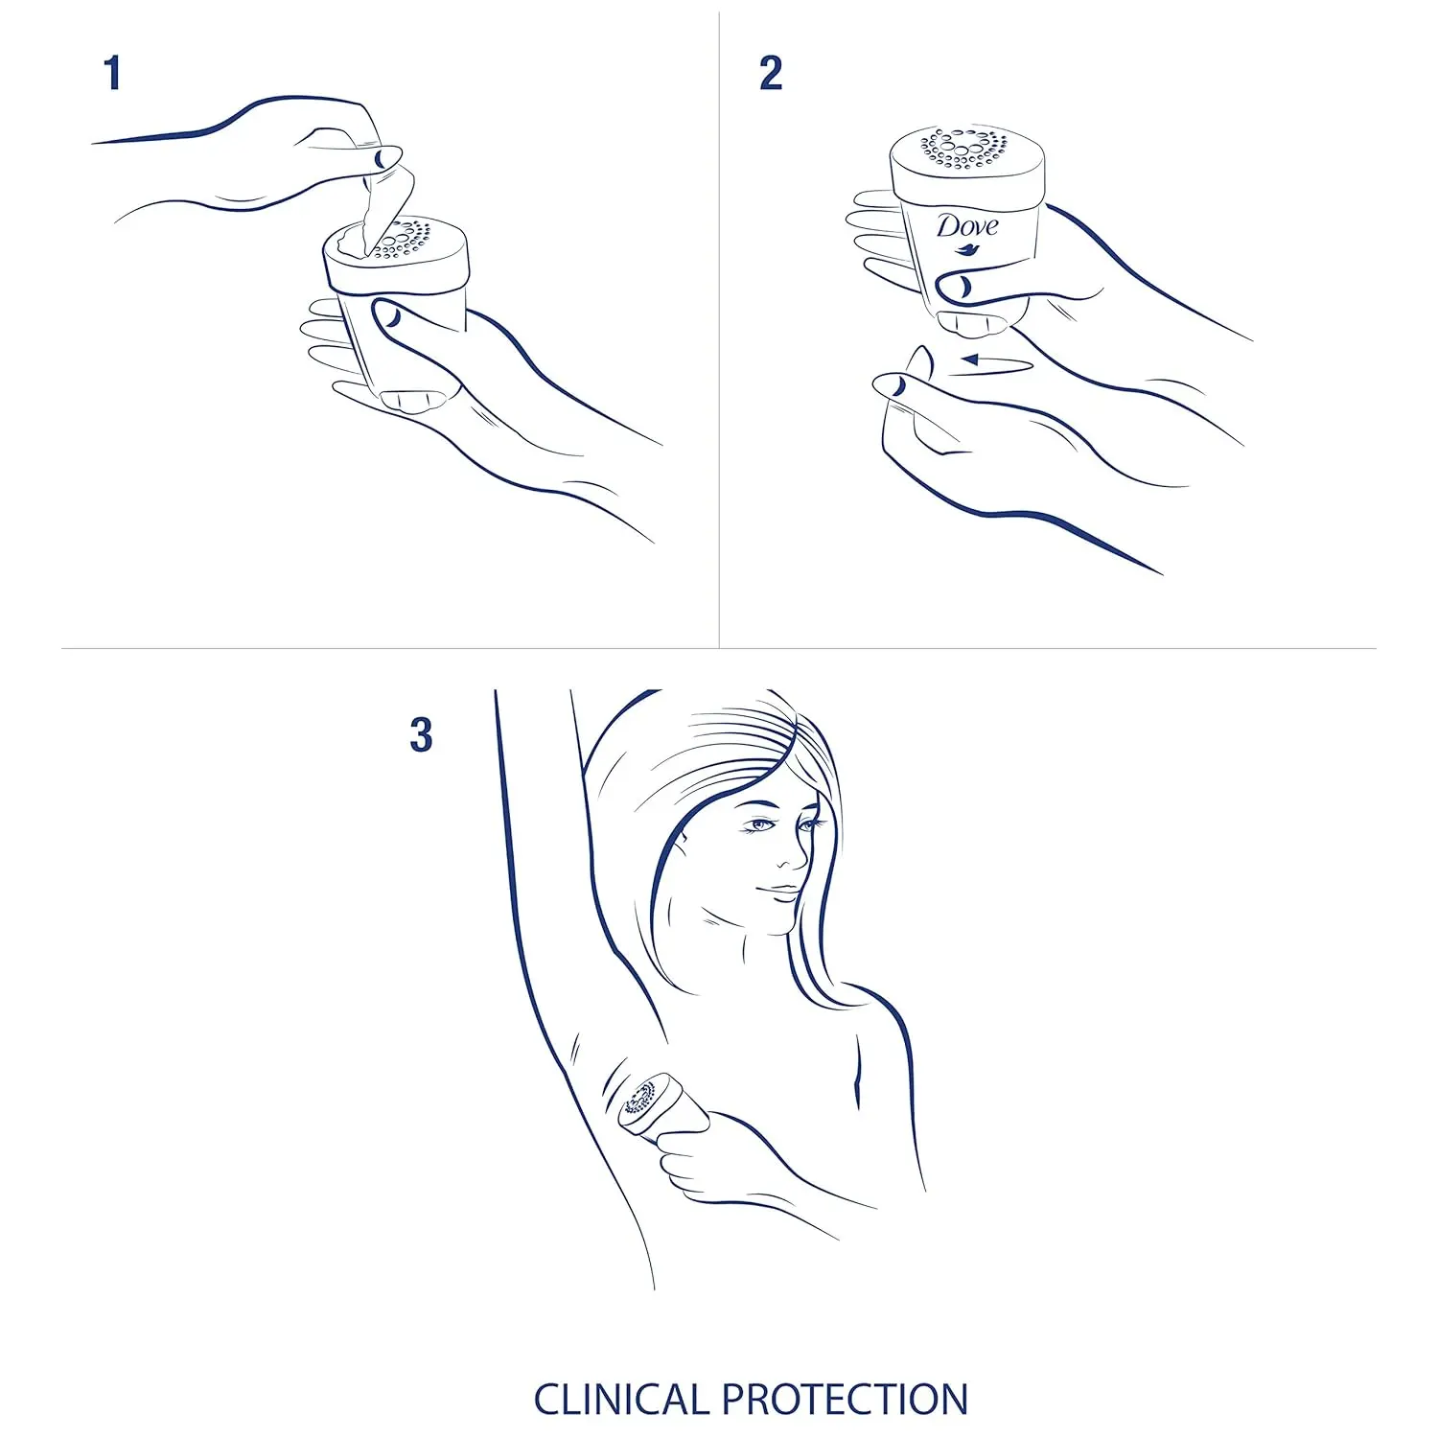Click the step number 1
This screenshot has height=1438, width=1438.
[x=113, y=74]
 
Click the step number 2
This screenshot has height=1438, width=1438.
[x=771, y=74]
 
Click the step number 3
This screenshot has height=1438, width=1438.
[x=421, y=735]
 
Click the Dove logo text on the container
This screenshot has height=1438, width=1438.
[x=966, y=226]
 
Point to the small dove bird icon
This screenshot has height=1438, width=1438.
[x=966, y=251]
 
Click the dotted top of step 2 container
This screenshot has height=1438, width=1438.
[x=966, y=149]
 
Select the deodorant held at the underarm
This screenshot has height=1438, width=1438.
[x=647, y=1104]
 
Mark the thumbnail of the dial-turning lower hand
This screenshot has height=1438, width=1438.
[x=893, y=385]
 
